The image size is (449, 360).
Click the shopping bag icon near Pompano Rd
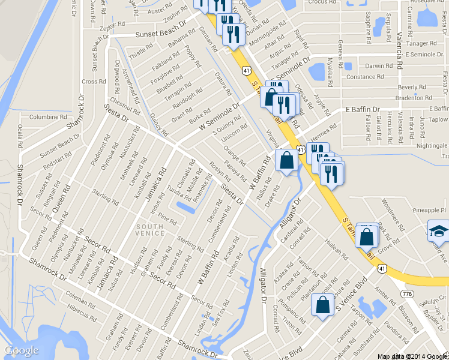[322, 305]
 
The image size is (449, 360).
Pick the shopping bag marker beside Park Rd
[366, 236]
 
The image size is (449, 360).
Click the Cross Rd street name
[94, 82]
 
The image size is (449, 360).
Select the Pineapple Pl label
[430, 211]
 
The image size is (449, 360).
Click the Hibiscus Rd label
[82, 311]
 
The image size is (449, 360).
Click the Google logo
[22, 350]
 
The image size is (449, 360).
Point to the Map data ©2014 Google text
[412, 356]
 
